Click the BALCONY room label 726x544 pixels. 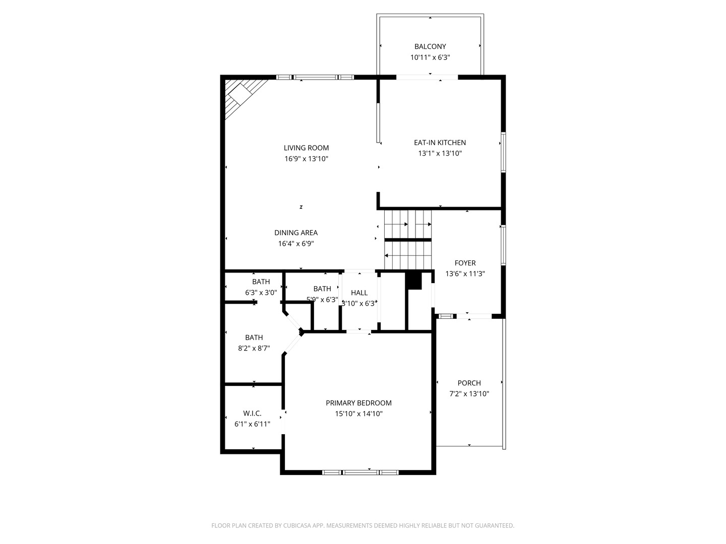(430, 46)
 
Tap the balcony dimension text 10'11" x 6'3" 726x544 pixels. (430, 57)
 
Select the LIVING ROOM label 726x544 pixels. (306, 148)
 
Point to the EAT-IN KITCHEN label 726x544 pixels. (440, 143)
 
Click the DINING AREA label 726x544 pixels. (296, 233)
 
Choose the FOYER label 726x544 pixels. (465, 263)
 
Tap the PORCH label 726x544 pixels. (469, 383)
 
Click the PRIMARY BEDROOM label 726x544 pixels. (358, 403)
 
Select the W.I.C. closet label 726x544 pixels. (253, 413)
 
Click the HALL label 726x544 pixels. (359, 293)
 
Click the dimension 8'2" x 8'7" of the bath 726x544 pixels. (254, 348)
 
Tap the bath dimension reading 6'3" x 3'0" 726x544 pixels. (261, 293)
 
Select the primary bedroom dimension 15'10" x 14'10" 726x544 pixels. (358, 414)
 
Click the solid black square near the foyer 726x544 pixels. (413, 281)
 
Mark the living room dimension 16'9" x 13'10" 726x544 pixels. (306, 159)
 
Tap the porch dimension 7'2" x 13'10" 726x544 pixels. (469, 394)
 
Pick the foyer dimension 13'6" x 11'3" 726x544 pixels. (465, 274)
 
